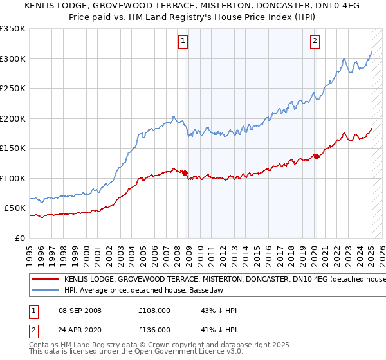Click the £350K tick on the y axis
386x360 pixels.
13,29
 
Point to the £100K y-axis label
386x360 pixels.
13,178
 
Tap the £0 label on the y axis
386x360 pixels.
19,238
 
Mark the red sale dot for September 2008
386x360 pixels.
185,173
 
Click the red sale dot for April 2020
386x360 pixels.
317,156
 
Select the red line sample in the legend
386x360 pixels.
45,280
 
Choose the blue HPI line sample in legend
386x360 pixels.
45,291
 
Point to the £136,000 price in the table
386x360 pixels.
154,329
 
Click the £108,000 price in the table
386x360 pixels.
154,310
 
